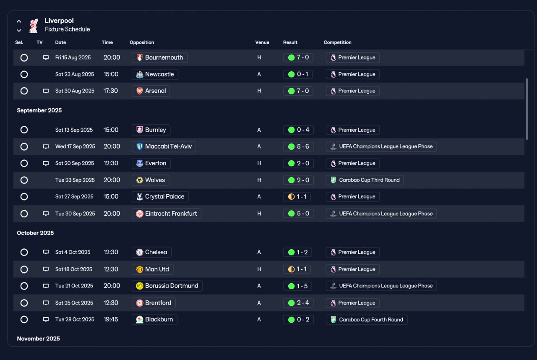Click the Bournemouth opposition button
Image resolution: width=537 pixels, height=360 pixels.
pyautogui.click(x=159, y=57)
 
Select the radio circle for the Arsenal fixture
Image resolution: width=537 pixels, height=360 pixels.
pyautogui.click(x=24, y=91)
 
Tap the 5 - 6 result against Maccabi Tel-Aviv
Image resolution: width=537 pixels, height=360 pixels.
pyautogui.click(x=298, y=146)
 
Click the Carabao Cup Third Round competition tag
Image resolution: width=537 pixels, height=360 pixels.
pyautogui.click(x=365, y=180)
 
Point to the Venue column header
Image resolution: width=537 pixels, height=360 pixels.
pyautogui.click(x=262, y=42)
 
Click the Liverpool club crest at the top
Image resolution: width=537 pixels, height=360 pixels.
pyautogui.click(x=34, y=26)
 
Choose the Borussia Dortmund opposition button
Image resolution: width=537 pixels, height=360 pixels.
pyautogui.click(x=167, y=286)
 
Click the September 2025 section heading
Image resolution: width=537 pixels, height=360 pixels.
pyautogui.click(x=39, y=110)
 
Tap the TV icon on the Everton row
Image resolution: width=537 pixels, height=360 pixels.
pyautogui.click(x=46, y=164)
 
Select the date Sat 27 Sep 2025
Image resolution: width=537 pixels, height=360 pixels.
pyautogui.click(x=74, y=197)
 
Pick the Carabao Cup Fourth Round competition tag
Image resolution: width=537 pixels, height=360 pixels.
pyautogui.click(x=367, y=320)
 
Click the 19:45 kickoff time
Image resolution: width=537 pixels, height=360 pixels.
pyautogui.click(x=111, y=319)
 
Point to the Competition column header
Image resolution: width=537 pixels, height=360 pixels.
pyautogui.click(x=338, y=42)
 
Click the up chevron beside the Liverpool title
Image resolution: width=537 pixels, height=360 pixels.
pyautogui.click(x=19, y=21)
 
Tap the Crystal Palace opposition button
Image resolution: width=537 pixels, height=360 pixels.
pyautogui.click(x=160, y=197)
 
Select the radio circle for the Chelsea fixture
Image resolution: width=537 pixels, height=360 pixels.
pyautogui.click(x=24, y=253)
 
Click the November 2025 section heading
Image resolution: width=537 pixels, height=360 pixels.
pyautogui.click(x=38, y=339)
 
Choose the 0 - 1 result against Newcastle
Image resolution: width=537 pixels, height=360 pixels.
pyautogui.click(x=298, y=74)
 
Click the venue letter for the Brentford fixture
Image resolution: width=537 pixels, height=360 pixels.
pyautogui.click(x=259, y=303)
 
